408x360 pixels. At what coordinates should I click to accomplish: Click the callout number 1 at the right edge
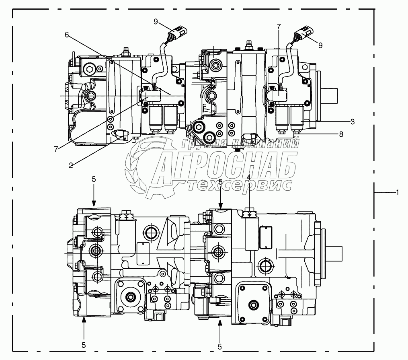397,192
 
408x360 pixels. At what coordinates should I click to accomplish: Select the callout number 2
71,165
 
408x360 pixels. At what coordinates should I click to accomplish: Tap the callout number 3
353,121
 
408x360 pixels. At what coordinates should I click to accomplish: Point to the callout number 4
249,177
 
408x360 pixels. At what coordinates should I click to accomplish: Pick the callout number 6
67,35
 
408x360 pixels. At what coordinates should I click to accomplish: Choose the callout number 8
341,134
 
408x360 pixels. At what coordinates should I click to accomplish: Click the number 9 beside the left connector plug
156,22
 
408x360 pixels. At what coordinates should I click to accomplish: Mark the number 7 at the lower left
56,149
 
